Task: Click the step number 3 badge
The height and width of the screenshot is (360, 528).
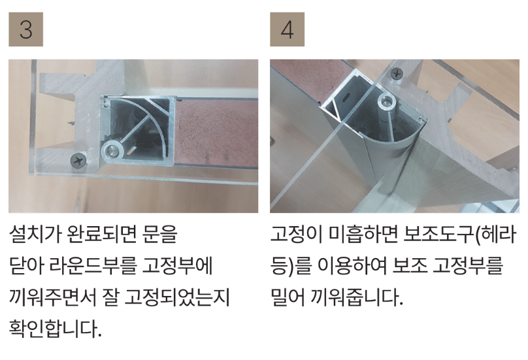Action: tap(26, 29)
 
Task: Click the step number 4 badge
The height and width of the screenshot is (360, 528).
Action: tap(288, 29)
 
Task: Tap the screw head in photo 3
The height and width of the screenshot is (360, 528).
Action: tap(80, 159)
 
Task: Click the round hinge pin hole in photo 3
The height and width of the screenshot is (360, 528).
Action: tap(112, 150)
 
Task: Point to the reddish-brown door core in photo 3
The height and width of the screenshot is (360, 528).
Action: tap(216, 133)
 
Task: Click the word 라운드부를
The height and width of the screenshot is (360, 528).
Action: tap(93, 265)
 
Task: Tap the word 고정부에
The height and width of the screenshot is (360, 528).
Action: tap(178, 265)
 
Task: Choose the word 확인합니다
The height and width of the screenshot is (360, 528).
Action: tap(56, 329)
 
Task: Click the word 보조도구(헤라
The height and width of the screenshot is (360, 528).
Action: tap(459, 233)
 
